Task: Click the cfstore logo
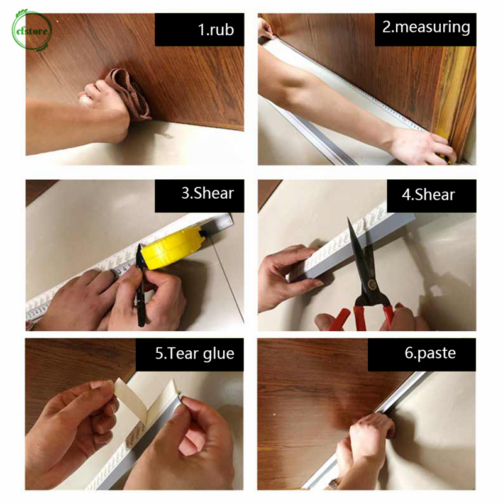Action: [x=31, y=30]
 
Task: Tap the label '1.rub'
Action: [x=216, y=30]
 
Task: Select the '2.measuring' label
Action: [x=426, y=27]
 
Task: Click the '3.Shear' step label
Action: [x=207, y=193]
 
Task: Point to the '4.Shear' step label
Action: [x=428, y=195]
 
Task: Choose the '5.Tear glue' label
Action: [x=195, y=354]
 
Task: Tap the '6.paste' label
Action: [x=430, y=353]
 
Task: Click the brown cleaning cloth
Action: [x=130, y=94]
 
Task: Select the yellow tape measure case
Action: [x=174, y=247]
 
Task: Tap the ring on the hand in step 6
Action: [x=333, y=484]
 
